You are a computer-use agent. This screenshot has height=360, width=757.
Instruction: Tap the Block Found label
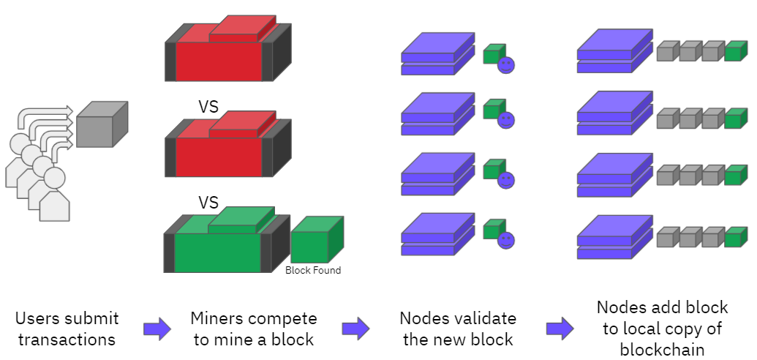313,270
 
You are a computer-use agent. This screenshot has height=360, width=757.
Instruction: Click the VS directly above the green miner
209,202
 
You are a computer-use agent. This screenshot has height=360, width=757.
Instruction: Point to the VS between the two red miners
209,107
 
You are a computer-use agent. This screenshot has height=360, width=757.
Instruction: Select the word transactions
67,340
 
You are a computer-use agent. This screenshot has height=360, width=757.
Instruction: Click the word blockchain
663,350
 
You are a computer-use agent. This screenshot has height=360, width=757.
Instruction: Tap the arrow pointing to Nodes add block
560,329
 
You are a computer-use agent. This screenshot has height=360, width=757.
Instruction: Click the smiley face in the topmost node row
506,65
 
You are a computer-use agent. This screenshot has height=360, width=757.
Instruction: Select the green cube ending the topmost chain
735,51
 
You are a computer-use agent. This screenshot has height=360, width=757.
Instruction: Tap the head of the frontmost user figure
54,177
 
